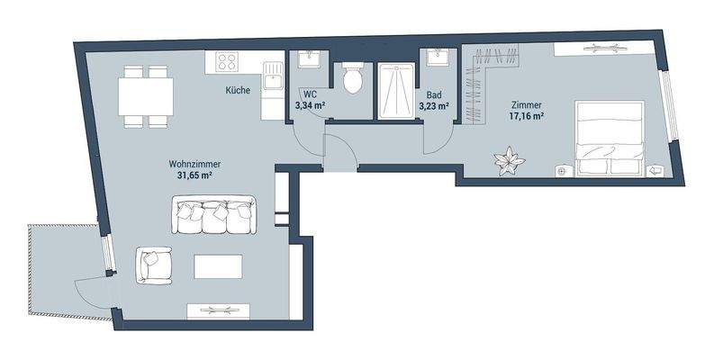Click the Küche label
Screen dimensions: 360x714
tap(237, 91)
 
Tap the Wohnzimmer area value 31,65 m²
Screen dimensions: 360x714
tap(194, 175)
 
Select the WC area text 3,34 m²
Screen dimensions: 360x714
tap(309, 105)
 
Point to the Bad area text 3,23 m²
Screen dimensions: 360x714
tap(433, 105)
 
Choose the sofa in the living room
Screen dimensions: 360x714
tap(214, 215)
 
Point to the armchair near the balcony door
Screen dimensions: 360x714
tap(153, 265)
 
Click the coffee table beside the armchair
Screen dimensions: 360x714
tap(218, 266)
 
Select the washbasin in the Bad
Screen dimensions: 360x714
tap(438, 58)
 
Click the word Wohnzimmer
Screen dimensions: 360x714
tap(194, 164)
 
